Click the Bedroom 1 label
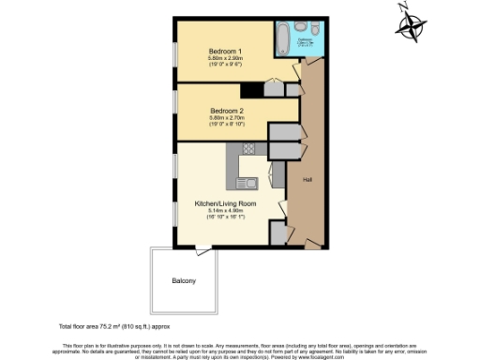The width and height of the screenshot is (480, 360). (x=225, y=50)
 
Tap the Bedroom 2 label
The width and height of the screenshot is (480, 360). (x=225, y=109)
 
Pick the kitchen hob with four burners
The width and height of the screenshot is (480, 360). (x=249, y=148)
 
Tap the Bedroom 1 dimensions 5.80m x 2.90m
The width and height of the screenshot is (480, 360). (x=225, y=58)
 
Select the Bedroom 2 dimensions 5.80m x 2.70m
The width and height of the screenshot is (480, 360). (x=225, y=117)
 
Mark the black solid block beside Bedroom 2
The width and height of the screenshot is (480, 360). (x=251, y=91)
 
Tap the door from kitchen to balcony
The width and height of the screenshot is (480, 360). (x=202, y=247)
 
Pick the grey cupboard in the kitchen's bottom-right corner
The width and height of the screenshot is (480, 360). (x=278, y=233)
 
